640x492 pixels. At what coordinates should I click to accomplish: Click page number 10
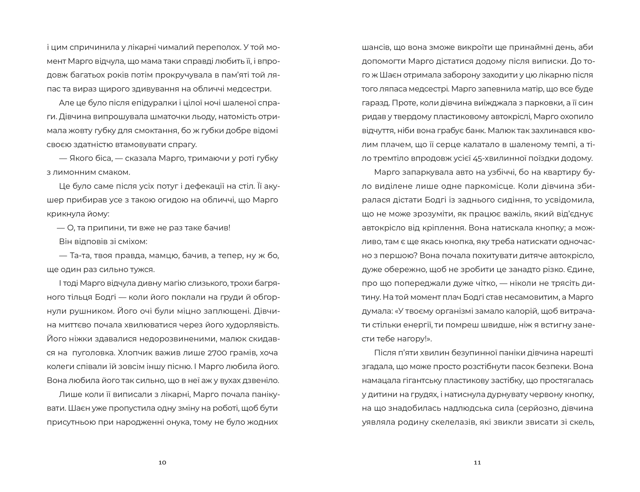click(x=162, y=462)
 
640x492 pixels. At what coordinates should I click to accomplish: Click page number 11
click(x=477, y=462)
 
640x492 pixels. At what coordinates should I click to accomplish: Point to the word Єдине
click(x=581, y=269)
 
